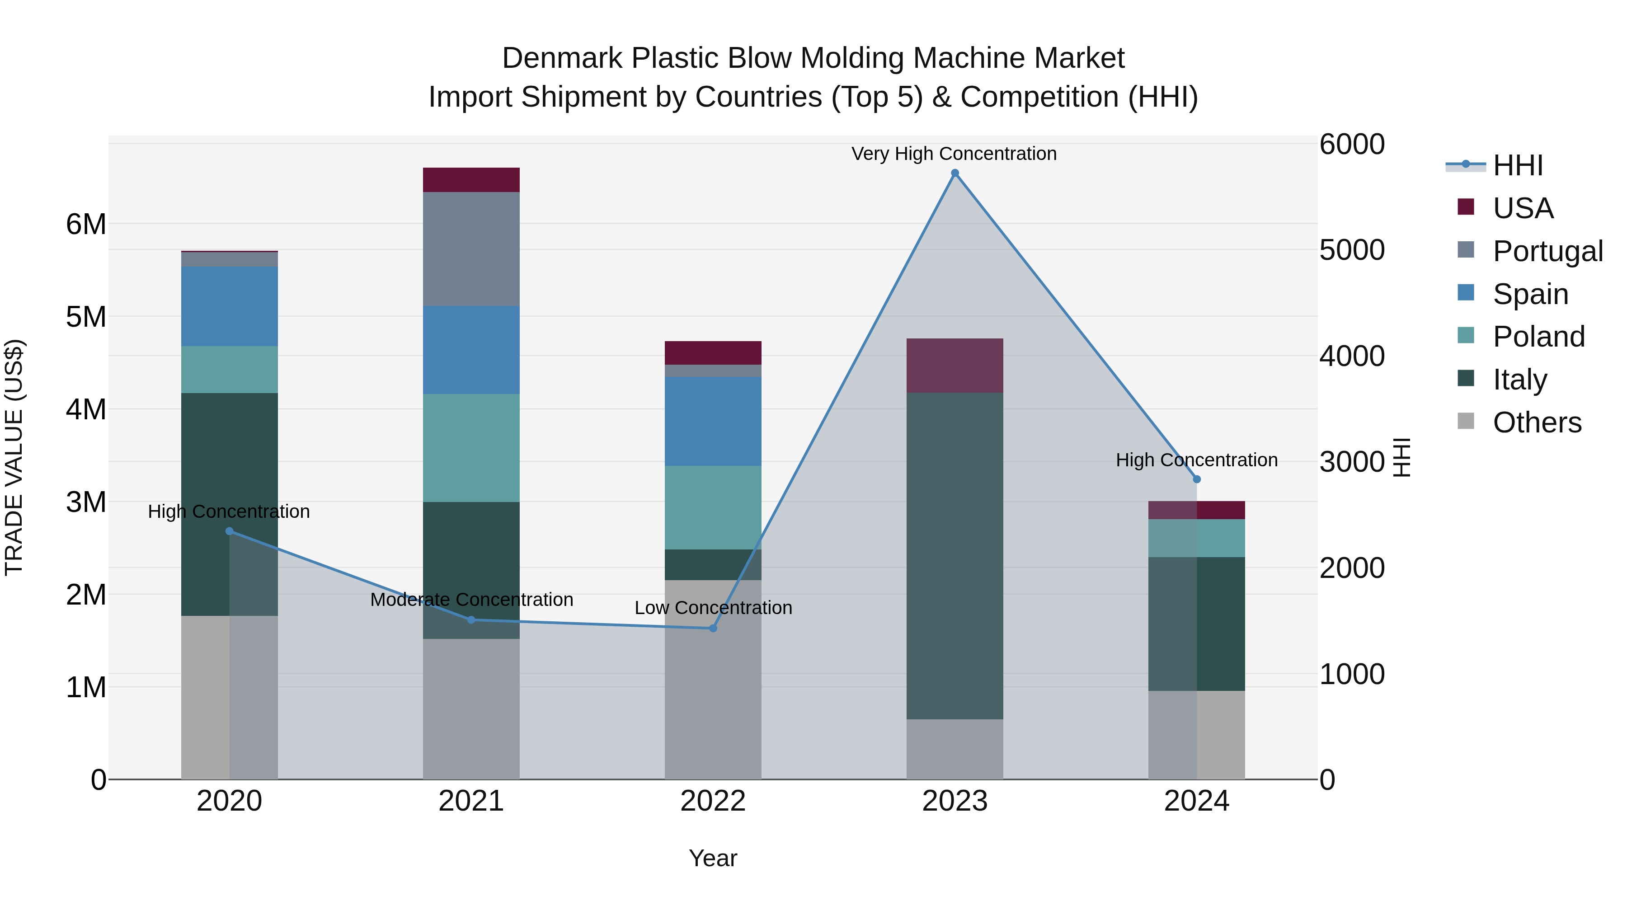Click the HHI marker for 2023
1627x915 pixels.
click(x=955, y=173)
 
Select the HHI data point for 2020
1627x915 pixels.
click(x=229, y=531)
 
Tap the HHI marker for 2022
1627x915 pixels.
click(x=713, y=629)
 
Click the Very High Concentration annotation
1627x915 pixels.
click(x=954, y=154)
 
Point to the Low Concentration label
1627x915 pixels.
click(x=713, y=607)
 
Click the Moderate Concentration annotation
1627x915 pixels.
click(x=471, y=599)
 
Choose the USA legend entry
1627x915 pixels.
click(x=1522, y=208)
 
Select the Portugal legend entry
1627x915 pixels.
click(x=1547, y=251)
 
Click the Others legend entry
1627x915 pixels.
click(x=1537, y=422)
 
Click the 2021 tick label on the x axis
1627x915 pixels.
click(x=471, y=801)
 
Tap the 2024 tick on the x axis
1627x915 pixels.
click(x=1196, y=801)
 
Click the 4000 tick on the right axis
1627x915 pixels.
click(x=1352, y=356)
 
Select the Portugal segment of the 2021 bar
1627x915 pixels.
click(x=471, y=249)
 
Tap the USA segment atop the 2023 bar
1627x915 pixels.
click(x=955, y=365)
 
